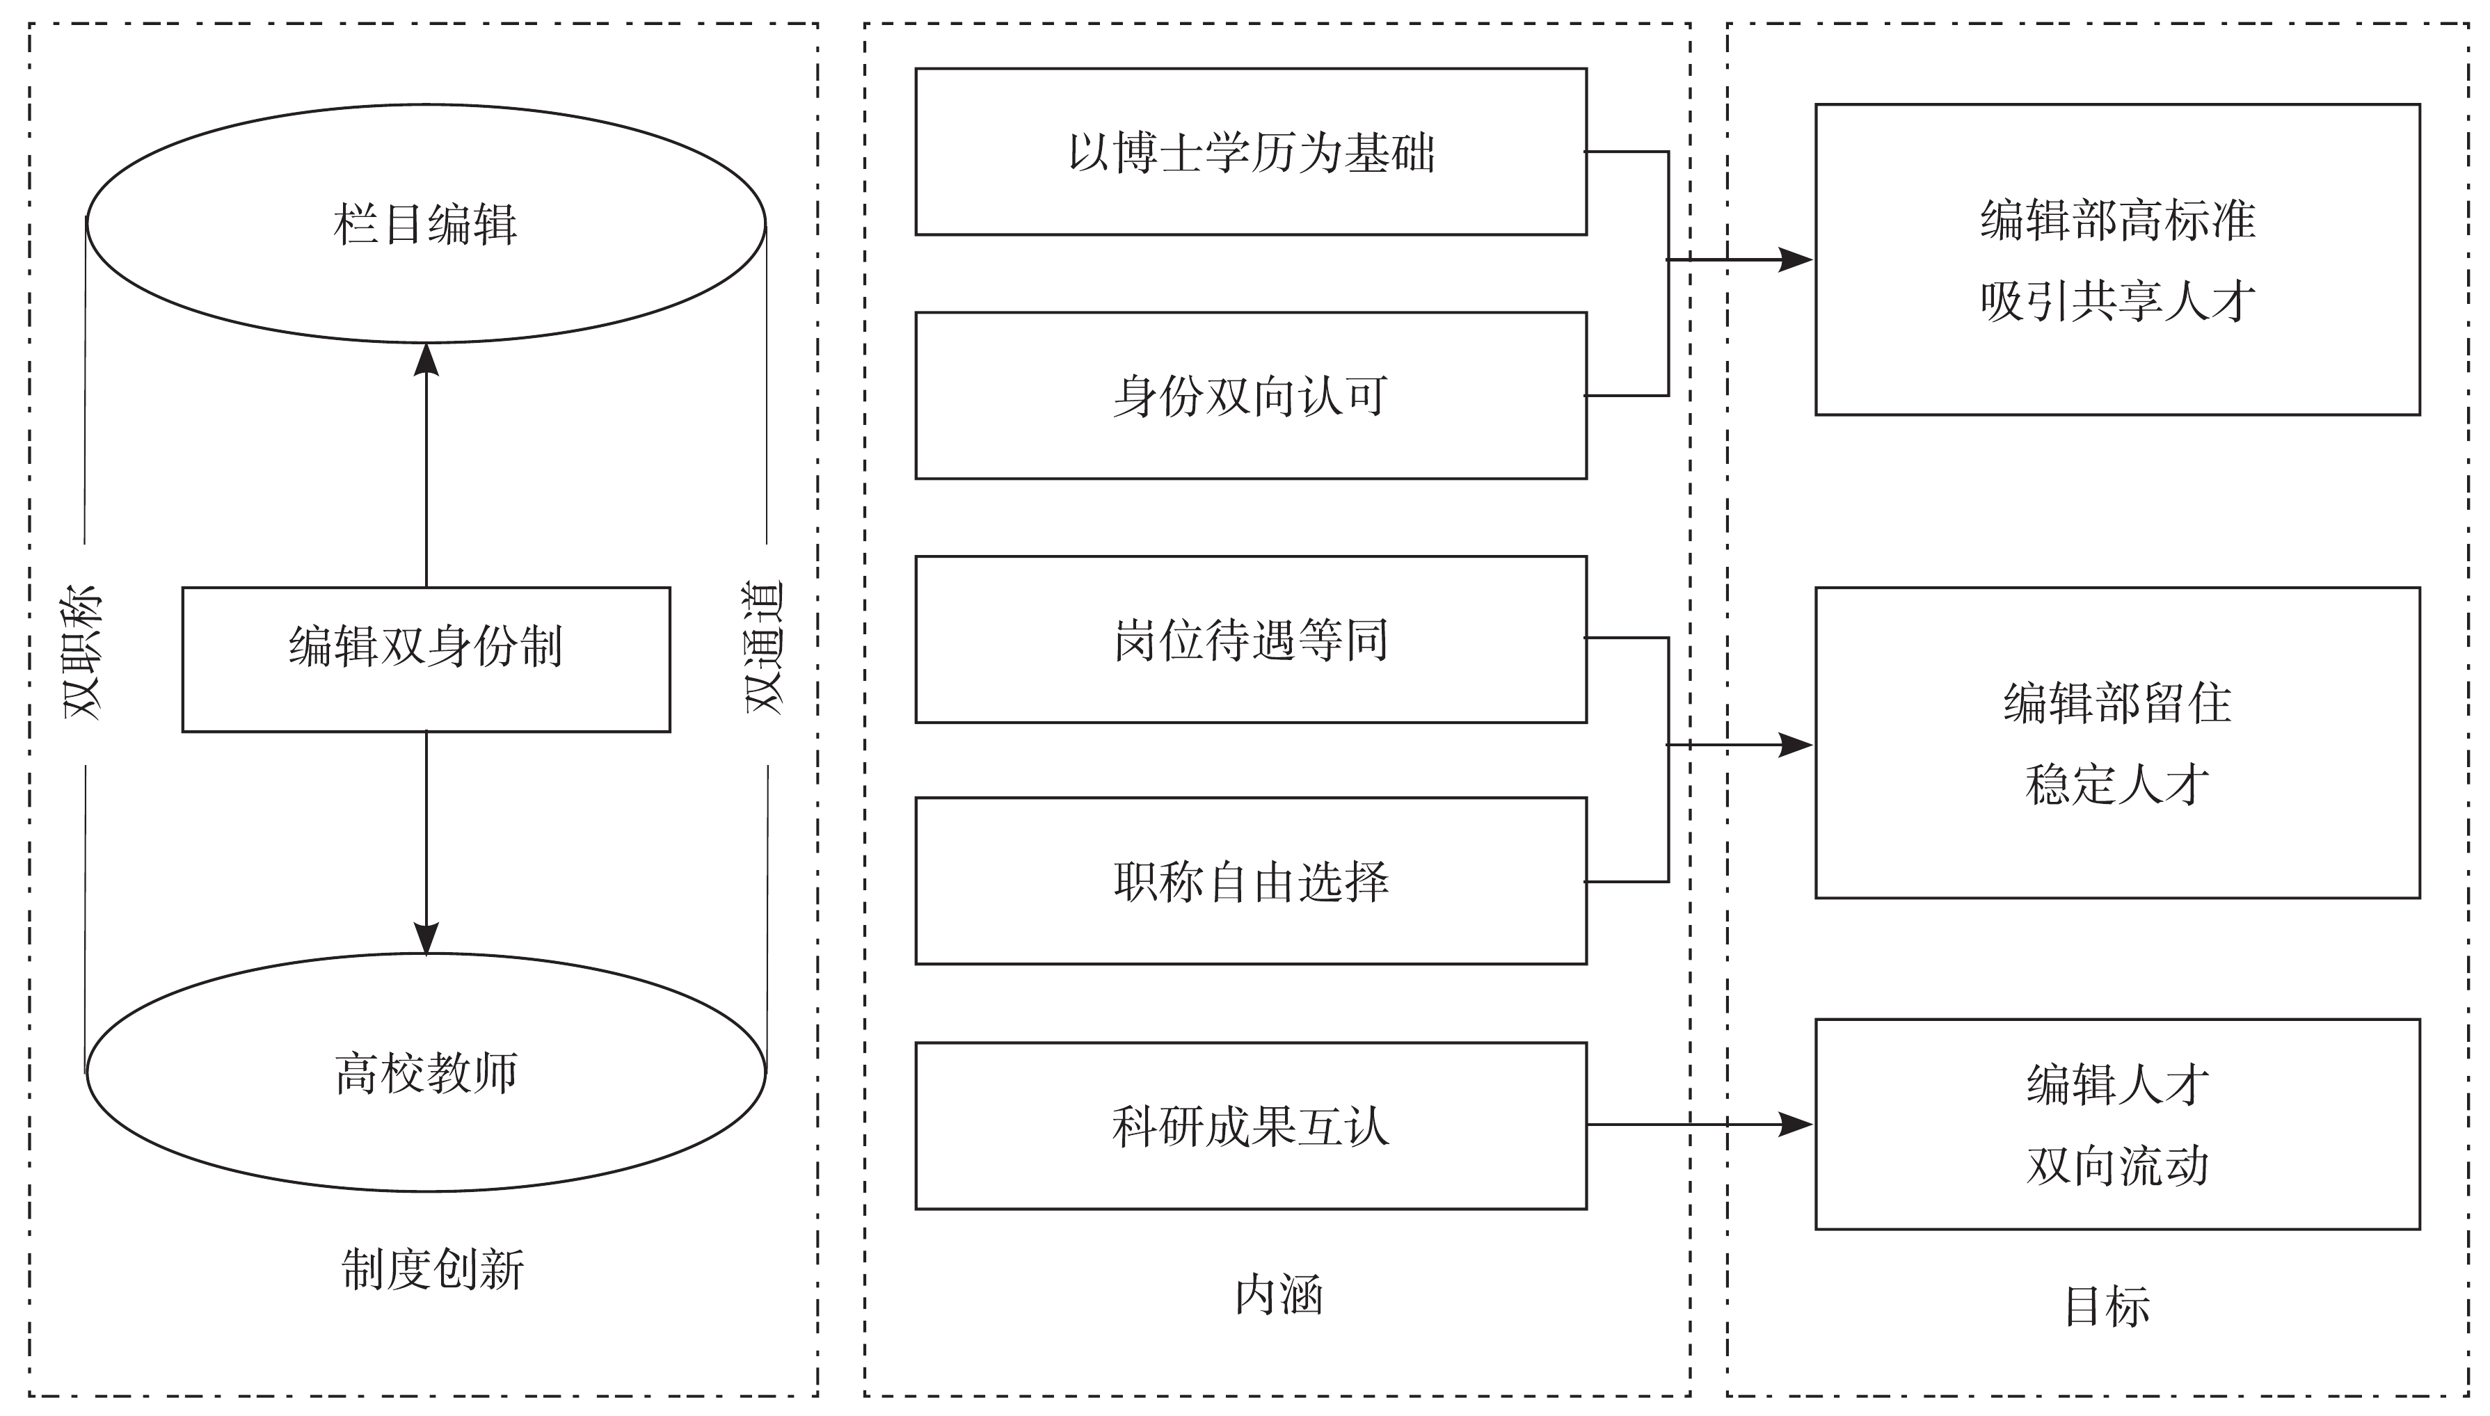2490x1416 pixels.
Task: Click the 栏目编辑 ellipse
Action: (x=426, y=224)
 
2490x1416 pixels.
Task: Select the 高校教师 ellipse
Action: (x=426, y=1072)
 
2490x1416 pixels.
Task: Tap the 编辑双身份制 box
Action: (x=426, y=659)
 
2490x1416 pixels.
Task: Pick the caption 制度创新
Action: (x=433, y=1269)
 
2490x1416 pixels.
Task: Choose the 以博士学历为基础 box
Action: (x=1251, y=152)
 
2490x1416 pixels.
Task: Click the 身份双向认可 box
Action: (x=1251, y=396)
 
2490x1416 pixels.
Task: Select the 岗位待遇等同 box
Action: (x=1251, y=639)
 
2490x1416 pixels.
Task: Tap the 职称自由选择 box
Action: (x=1251, y=881)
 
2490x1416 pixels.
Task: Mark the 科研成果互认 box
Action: (x=1251, y=1126)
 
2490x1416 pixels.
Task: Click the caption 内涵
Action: (x=1278, y=1296)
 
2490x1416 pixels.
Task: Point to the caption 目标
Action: (x=2107, y=1306)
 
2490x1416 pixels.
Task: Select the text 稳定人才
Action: (x=2118, y=784)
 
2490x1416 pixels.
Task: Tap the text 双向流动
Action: (x=2118, y=1165)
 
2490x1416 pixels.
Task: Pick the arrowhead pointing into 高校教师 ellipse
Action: (x=426, y=938)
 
